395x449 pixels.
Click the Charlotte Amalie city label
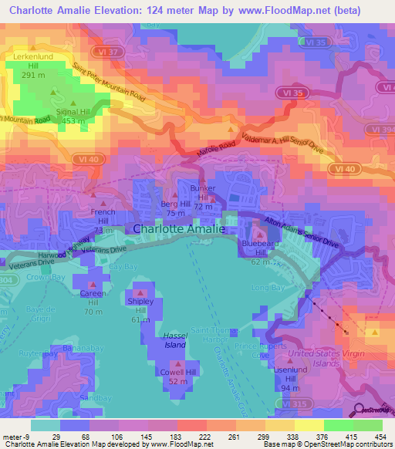coord(179,229)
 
